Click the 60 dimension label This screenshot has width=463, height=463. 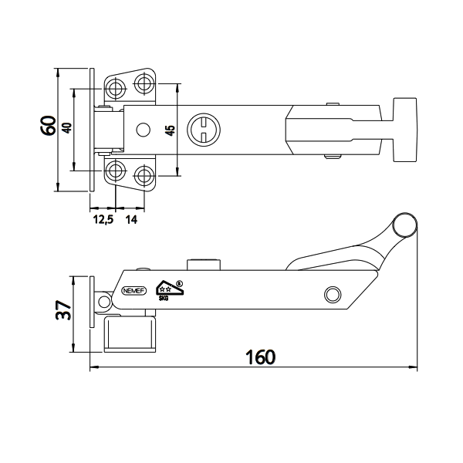pyautogui.click(x=48, y=126)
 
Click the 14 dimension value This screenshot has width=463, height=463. pyautogui.click(x=132, y=220)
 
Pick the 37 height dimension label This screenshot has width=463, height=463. pyautogui.click(x=65, y=310)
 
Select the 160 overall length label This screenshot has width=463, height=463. pyautogui.click(x=261, y=358)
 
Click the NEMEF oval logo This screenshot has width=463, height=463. pyautogui.click(x=132, y=291)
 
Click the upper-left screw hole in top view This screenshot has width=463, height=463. pyautogui.click(x=115, y=85)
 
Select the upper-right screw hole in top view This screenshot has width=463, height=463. pyautogui.click(x=144, y=83)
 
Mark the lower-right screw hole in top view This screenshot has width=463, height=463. pyautogui.click(x=144, y=174)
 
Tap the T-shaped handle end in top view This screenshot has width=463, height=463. pyautogui.click(x=404, y=129)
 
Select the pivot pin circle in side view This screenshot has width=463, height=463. pyautogui.click(x=333, y=294)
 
